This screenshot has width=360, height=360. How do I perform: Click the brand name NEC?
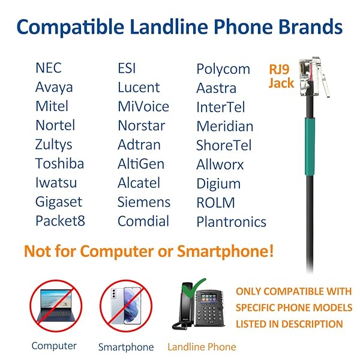pyautogui.click(x=48, y=68)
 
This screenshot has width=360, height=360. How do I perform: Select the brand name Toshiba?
pyautogui.click(x=59, y=164)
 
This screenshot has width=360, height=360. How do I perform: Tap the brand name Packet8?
pyautogui.click(x=60, y=221)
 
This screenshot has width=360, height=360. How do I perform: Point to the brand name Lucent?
pyautogui.click(x=139, y=88)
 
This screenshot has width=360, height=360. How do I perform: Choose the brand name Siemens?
pyautogui.click(x=144, y=202)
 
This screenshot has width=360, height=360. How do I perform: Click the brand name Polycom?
pyautogui.click(x=223, y=69)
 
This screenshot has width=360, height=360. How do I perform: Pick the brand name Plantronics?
pyautogui.click(x=231, y=222)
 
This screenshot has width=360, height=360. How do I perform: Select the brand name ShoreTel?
pyautogui.click(x=224, y=146)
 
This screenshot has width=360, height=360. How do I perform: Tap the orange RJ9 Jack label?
pyautogui.click(x=281, y=76)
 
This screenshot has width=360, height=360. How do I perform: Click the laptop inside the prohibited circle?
pyautogui.click(x=55, y=307)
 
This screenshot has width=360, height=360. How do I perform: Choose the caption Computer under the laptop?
pyautogui.click(x=54, y=346)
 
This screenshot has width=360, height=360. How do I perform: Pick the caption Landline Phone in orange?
pyautogui.click(x=202, y=347)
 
